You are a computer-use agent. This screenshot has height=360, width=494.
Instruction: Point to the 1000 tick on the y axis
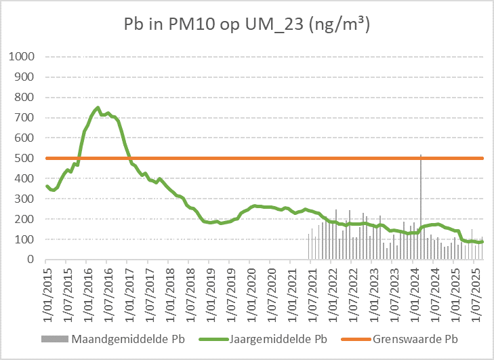[x=20, y=56]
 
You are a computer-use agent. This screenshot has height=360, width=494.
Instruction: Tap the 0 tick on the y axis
[x=31, y=260]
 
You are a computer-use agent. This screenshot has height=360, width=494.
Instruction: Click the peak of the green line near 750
[x=98, y=108]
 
